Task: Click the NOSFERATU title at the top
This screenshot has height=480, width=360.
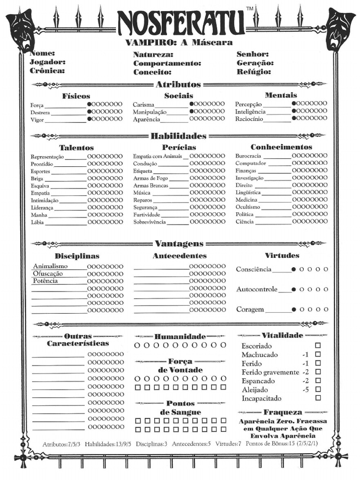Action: point(180,23)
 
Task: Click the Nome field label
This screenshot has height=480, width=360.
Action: point(42,54)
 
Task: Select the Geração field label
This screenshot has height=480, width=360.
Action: point(255,63)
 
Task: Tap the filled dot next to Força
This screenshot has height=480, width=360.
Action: point(90,104)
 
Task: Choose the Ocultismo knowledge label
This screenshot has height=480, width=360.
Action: point(247,207)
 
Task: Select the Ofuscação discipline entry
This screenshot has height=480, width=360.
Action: point(48,274)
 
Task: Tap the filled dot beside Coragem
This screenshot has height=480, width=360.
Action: point(294,309)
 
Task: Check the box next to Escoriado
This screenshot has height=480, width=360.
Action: point(318,345)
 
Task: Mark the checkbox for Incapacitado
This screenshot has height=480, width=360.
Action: point(318,398)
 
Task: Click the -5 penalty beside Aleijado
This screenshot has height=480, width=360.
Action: point(305,390)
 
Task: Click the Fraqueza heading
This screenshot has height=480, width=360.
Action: point(283,412)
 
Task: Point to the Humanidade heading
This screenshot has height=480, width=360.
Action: point(180,337)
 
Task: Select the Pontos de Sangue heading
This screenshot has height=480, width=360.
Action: point(180,407)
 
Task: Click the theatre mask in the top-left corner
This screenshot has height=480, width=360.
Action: point(20,29)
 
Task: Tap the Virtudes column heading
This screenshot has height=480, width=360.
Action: point(282,255)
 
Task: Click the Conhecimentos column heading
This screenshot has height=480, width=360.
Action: point(281,147)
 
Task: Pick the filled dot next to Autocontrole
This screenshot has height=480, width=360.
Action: point(294,290)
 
